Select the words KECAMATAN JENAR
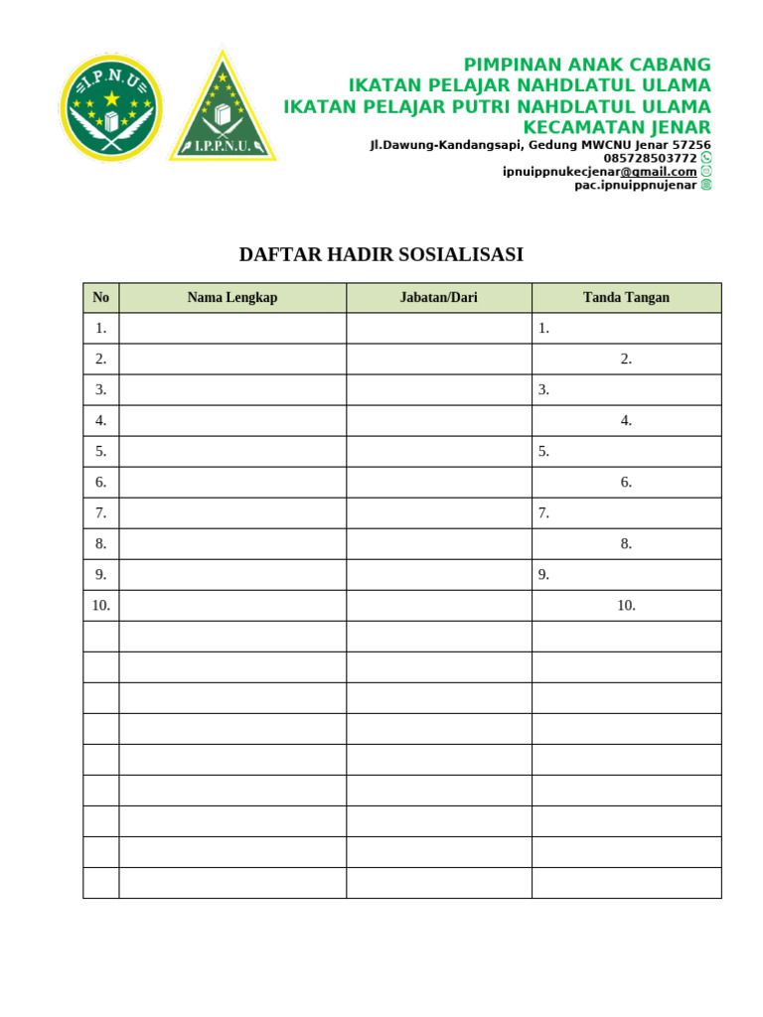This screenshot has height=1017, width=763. (x=617, y=127)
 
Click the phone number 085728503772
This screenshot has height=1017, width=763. (x=650, y=158)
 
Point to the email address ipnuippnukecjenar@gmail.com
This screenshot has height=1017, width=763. (x=599, y=171)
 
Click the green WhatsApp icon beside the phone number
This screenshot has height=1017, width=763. (x=706, y=158)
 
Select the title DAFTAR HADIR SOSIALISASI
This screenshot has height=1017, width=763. (x=381, y=255)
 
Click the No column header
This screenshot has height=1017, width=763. (x=100, y=298)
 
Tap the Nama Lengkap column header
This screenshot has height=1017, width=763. (x=232, y=298)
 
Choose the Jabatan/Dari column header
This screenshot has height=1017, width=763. (x=438, y=298)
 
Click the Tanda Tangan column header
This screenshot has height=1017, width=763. (x=626, y=298)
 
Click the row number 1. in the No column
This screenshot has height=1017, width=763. (x=100, y=329)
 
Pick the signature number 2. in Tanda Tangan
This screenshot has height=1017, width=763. (x=626, y=360)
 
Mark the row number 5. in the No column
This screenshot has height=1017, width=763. (x=100, y=452)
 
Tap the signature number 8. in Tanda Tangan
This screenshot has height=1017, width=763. (x=626, y=544)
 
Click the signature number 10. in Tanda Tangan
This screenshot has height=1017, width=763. (x=626, y=606)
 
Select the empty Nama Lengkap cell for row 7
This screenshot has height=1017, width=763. (x=232, y=513)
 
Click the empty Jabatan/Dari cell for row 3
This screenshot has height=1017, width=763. (x=438, y=390)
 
